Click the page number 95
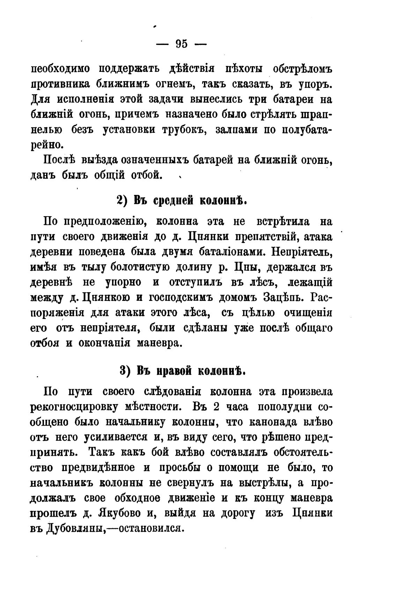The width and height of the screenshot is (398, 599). coord(182,44)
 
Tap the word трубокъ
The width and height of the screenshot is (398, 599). coord(183,130)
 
